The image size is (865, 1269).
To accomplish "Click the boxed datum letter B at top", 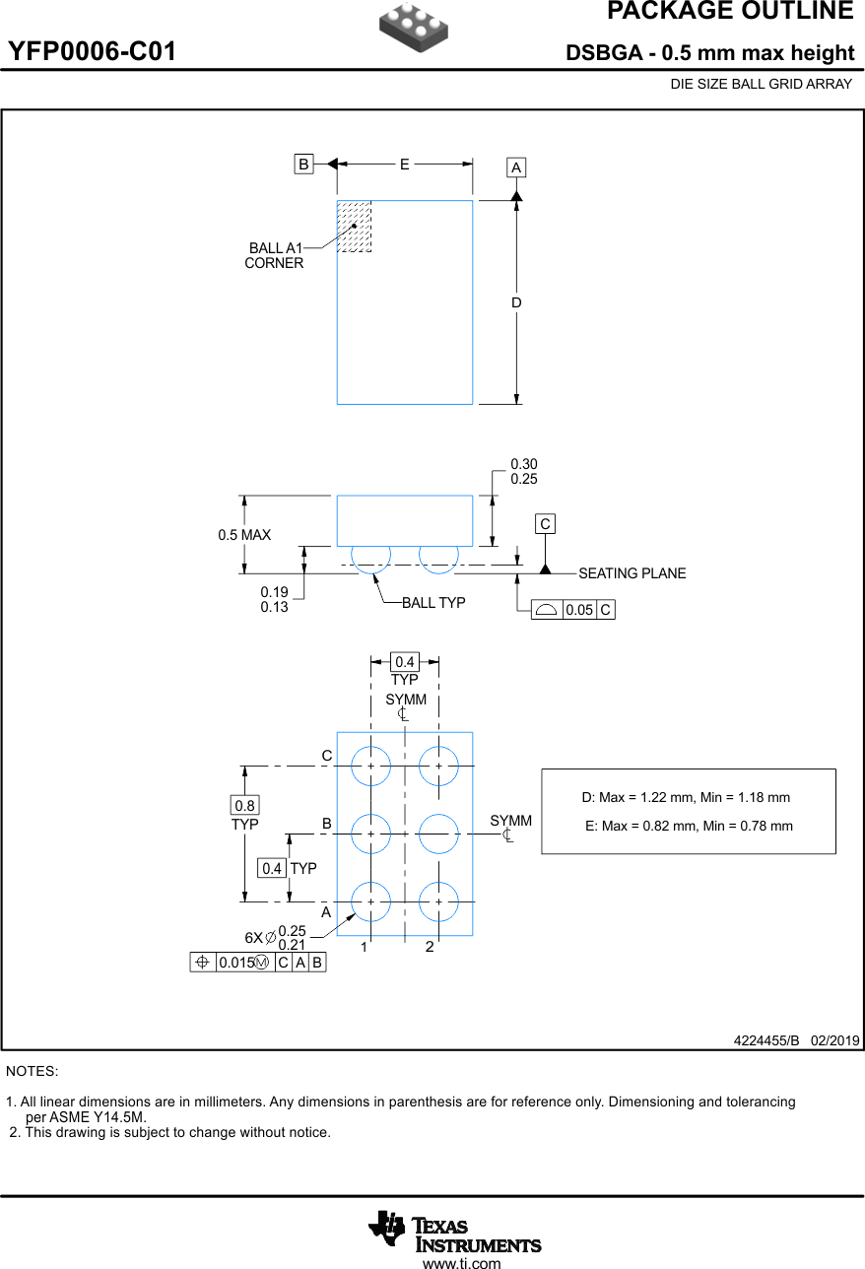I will (x=304, y=165).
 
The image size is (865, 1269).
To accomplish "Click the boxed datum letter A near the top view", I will (x=516, y=167).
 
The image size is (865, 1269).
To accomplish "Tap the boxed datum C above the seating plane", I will (x=545, y=524).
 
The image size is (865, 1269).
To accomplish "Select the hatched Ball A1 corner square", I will (x=355, y=227).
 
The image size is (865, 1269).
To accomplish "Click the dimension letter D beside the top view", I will (x=516, y=302).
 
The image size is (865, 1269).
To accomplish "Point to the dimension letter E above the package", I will (x=404, y=165).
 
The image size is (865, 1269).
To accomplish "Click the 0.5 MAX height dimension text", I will (x=244, y=535).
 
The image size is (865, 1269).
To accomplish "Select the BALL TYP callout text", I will (x=433, y=603).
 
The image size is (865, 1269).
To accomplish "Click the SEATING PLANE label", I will (x=632, y=573).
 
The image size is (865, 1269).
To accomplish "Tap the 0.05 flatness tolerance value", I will (x=579, y=610).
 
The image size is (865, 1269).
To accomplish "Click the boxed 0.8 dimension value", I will (x=245, y=806).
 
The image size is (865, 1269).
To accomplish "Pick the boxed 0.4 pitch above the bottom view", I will (x=405, y=662).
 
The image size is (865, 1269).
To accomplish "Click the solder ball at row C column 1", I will (x=371, y=766).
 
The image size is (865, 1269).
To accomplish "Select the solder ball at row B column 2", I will (x=438, y=834).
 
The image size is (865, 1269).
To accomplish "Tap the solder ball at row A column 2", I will (x=438, y=902).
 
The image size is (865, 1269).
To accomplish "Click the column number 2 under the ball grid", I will (x=430, y=947).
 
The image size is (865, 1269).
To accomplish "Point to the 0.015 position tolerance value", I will (x=235, y=963).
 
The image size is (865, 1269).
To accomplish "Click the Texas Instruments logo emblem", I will (x=387, y=1228).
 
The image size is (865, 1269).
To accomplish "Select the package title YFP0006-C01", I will (x=93, y=52).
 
